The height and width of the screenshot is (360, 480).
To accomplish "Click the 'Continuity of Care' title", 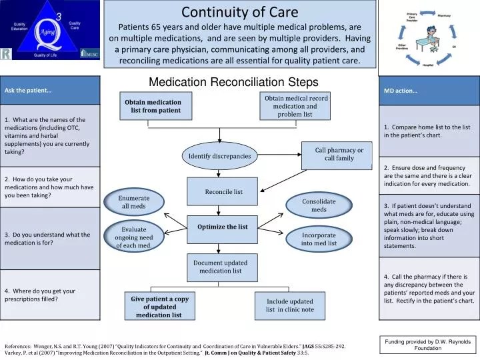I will pos(240,12).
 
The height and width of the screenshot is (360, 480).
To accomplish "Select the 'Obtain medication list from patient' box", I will pos(155,106).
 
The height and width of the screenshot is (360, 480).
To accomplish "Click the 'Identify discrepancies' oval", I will pos(219,156).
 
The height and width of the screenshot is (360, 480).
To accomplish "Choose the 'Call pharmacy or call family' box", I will pos(339,154).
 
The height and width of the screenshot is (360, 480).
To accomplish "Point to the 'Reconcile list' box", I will pos(223,192).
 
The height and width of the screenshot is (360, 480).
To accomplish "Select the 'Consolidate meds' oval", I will pos(319,205).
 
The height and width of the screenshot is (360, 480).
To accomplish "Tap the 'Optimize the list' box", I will pos(222,227).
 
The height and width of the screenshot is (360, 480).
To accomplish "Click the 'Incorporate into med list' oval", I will pos(319,239).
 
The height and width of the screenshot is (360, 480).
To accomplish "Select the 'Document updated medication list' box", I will pos(220,267).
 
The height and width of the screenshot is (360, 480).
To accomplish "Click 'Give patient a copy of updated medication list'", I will pos(159,307).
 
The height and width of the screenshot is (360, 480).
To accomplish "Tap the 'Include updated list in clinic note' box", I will pos(289,305).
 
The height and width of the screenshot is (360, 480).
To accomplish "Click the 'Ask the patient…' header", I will pos(50,90).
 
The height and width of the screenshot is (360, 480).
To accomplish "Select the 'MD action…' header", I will pos(429,91).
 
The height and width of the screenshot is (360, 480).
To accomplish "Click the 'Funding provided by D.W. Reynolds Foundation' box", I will pos(427,345).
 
